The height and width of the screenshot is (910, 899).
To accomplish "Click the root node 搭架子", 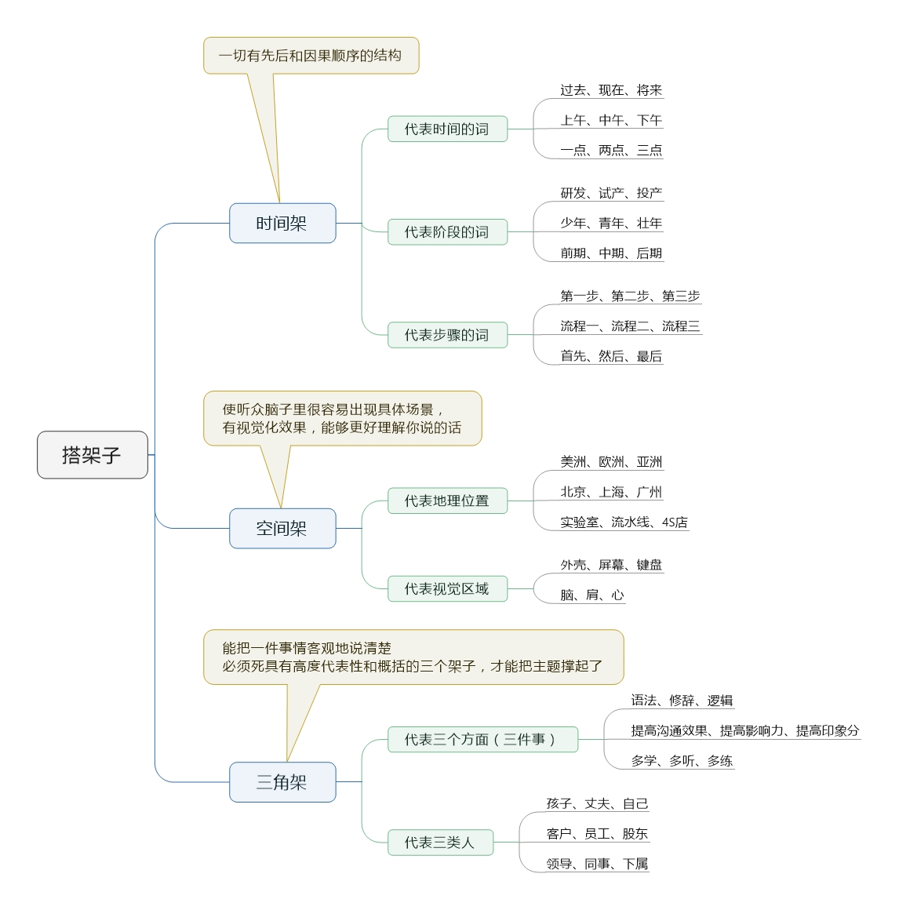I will pyautogui.click(x=93, y=455).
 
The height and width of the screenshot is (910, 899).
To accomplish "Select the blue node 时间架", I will pyautogui.click(x=282, y=224).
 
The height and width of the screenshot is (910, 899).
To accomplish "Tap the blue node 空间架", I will pyautogui.click(x=282, y=529).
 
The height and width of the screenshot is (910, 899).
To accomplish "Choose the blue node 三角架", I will pyautogui.click(x=282, y=782).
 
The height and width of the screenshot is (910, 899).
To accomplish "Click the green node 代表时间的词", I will pyautogui.click(x=447, y=129).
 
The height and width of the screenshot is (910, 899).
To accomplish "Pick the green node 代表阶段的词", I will pyautogui.click(x=447, y=232).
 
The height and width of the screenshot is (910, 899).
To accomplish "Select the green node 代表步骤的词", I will pyautogui.click(x=447, y=335).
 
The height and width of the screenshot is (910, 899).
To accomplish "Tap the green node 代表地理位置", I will pyautogui.click(x=447, y=500).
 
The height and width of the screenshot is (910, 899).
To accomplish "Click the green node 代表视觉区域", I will pyautogui.click(x=447, y=588).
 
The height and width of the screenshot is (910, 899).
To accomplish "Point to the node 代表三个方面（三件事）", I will pyautogui.click(x=482, y=739).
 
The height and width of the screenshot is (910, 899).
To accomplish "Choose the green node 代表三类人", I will pyautogui.click(x=440, y=843).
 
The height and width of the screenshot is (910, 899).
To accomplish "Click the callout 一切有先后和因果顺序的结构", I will pyautogui.click(x=311, y=56).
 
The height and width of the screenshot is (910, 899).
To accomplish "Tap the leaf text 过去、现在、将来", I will pyautogui.click(x=611, y=90).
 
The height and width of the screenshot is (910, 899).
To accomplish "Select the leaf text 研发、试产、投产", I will pyautogui.click(x=611, y=193).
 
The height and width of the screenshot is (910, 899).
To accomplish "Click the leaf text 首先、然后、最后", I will pyautogui.click(x=611, y=356).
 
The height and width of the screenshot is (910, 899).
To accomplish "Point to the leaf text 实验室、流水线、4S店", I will pyautogui.click(x=624, y=522).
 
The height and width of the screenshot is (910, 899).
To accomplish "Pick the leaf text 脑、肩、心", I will pyautogui.click(x=592, y=595).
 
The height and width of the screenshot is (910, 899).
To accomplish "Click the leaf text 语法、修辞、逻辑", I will pyautogui.click(x=682, y=701).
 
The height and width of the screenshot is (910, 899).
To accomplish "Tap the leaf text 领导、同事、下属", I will pyautogui.click(x=597, y=864).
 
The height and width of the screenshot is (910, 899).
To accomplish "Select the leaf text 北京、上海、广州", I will pyautogui.click(x=611, y=492).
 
